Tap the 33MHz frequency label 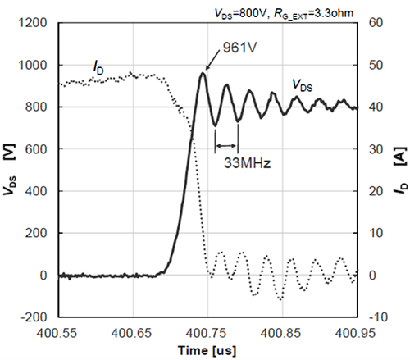coord(244,162)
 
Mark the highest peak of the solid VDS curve coord(203,73)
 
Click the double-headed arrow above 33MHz coord(226,147)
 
